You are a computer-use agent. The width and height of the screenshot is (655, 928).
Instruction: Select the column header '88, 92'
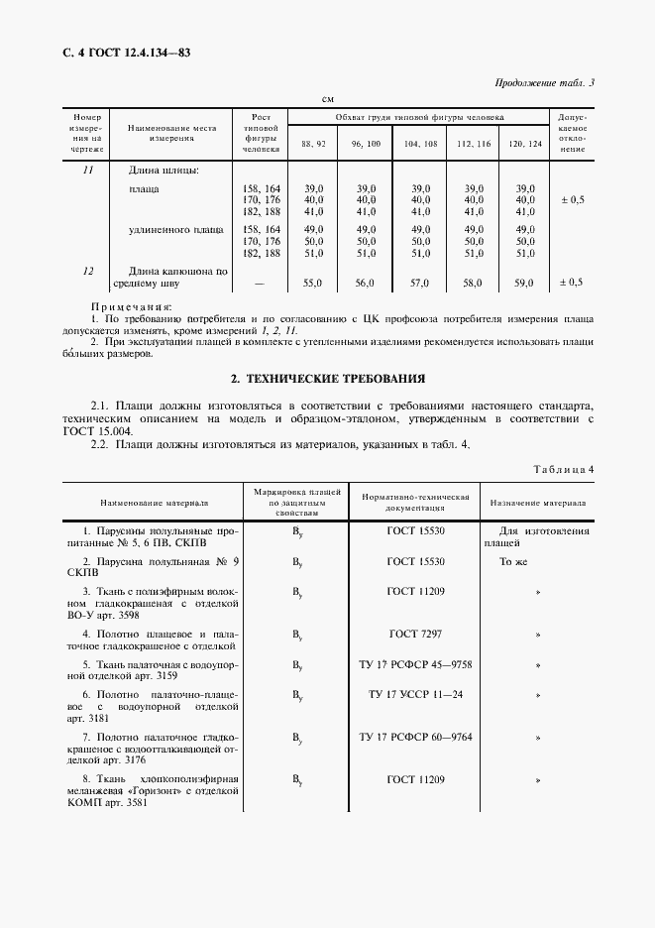point(313,144)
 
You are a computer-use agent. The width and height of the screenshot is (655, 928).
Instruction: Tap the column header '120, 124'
point(525,144)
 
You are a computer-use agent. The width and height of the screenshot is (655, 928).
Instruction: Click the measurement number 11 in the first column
point(87,170)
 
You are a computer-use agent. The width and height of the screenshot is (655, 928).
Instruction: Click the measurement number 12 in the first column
point(87,270)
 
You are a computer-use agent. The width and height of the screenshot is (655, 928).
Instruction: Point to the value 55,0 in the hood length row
point(313,283)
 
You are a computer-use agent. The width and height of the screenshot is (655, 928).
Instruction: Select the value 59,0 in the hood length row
point(524,283)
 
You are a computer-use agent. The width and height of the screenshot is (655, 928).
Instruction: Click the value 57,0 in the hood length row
point(419,283)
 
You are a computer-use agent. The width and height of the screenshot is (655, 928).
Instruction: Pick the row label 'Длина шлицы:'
point(164,170)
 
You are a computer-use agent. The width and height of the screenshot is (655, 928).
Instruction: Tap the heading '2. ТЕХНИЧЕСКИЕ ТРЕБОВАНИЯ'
point(328,378)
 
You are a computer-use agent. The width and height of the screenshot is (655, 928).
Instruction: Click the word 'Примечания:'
point(131,307)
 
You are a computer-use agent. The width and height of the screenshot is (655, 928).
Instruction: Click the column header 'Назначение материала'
point(538,503)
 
